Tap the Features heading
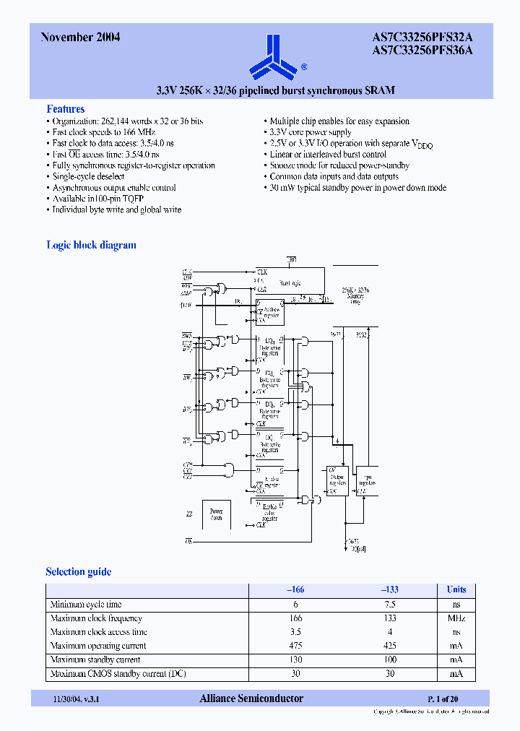coord(66,109)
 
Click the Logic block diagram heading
coord(91,245)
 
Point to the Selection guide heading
coord(79,571)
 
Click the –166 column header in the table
coord(295,589)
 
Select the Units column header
coord(456,589)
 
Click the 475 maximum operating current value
coord(295,646)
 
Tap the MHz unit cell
coord(456,618)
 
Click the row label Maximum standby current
coord(95,659)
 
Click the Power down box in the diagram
coord(216,514)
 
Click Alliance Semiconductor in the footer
coord(251,698)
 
